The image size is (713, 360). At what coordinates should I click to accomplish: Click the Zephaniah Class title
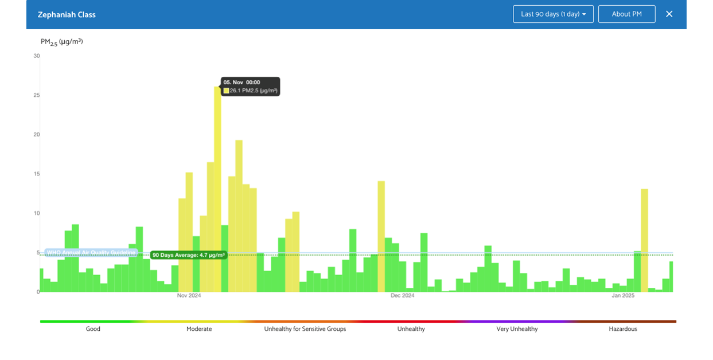(x=67, y=14)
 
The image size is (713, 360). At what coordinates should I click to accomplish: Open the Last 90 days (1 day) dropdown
(x=553, y=14)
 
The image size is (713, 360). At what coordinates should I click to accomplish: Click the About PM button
(x=626, y=14)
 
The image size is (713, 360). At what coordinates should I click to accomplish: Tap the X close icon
(x=669, y=14)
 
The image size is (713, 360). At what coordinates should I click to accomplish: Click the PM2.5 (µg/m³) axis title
(x=61, y=42)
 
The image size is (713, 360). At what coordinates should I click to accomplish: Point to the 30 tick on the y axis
(x=37, y=56)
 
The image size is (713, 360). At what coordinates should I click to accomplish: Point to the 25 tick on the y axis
(x=37, y=95)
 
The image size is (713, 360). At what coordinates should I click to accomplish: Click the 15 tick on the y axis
(x=37, y=174)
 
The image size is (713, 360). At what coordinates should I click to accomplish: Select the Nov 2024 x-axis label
(x=189, y=296)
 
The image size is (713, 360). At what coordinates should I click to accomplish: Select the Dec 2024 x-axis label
(x=402, y=296)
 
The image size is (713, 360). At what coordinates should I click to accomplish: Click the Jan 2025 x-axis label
(x=623, y=296)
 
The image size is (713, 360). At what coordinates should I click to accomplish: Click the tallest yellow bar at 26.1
(x=217, y=189)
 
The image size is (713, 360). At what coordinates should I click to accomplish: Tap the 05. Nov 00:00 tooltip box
(x=251, y=87)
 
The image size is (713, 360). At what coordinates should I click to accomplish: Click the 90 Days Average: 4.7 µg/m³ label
(x=189, y=255)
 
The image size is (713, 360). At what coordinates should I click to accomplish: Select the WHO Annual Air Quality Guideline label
(x=91, y=252)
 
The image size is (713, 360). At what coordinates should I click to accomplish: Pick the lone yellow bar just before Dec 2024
(x=381, y=235)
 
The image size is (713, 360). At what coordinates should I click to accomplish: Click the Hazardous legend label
(x=623, y=329)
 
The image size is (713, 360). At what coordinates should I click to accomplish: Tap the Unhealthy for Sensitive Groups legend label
(x=305, y=329)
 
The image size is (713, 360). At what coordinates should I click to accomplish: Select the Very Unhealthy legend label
(x=517, y=329)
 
